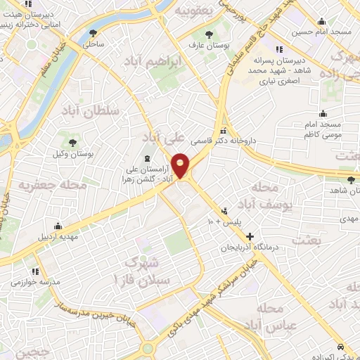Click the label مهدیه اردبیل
coord(58,236)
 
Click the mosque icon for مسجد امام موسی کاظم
coord(323,113)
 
